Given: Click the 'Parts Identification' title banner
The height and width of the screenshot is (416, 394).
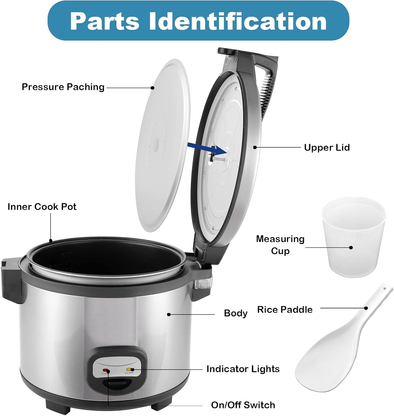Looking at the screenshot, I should [x=198, y=21].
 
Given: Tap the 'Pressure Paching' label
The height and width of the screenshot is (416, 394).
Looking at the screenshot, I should [x=63, y=87].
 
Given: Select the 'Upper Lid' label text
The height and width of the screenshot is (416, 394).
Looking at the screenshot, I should [x=327, y=148].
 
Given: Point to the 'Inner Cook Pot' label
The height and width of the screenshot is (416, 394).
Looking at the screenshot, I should [x=42, y=207].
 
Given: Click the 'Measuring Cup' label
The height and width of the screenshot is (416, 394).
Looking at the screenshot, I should [x=280, y=245].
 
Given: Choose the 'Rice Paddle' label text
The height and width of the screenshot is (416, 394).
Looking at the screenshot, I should [x=285, y=310].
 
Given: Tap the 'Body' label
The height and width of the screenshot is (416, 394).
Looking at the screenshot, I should [x=236, y=313].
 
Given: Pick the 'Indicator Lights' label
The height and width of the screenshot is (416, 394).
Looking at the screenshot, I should [x=243, y=369].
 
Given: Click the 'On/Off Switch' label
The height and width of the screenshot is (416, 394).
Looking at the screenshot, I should [x=243, y=405].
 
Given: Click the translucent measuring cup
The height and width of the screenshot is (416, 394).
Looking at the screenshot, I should [x=353, y=239].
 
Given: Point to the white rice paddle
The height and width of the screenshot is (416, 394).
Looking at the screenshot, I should [x=332, y=352].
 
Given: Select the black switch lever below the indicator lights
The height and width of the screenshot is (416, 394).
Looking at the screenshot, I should [x=116, y=384].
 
